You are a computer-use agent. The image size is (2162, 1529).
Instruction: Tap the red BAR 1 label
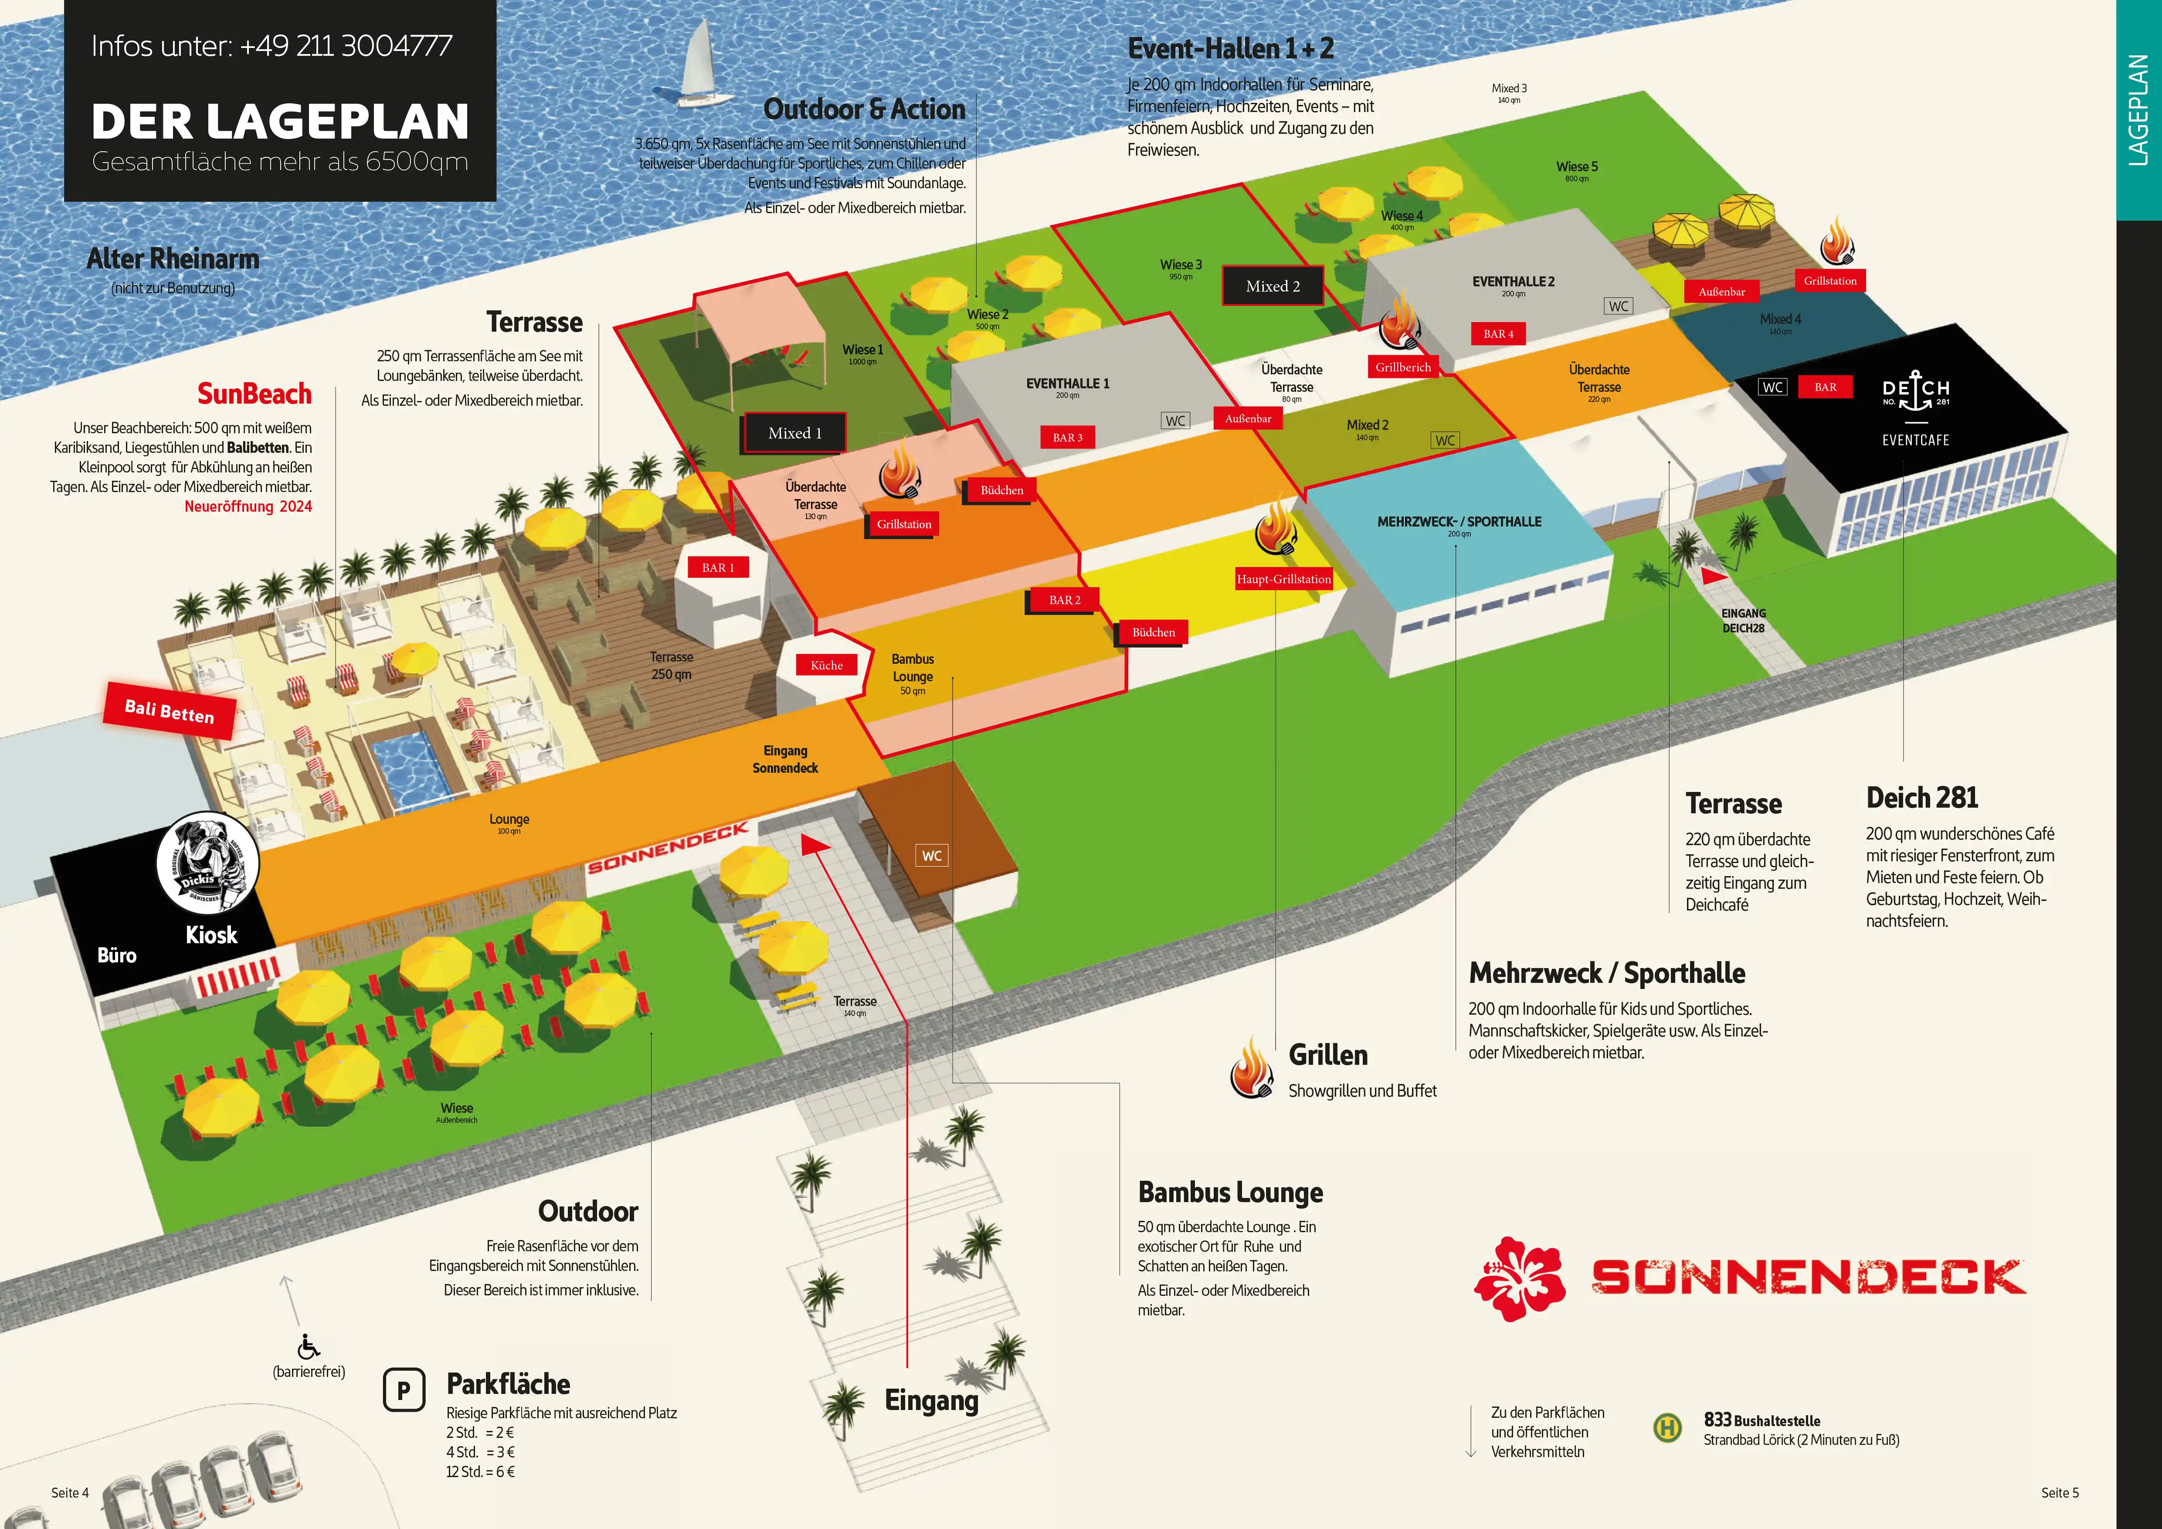coord(717,568)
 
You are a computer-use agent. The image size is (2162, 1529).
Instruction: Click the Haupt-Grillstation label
coord(1283,579)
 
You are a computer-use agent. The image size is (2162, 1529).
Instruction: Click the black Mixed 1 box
coord(795,433)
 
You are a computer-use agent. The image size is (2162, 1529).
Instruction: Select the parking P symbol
coord(404,1390)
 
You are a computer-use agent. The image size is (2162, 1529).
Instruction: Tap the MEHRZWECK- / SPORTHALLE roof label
coord(1459,522)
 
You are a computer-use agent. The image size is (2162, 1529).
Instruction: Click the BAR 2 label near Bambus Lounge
coord(1065,600)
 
